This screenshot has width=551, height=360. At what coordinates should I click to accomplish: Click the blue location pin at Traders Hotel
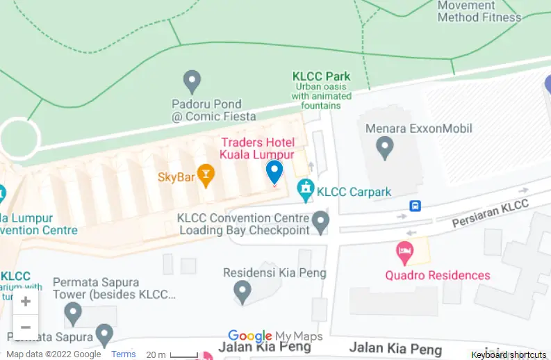click(x=274, y=171)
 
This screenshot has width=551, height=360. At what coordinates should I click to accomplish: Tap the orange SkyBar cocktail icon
click(x=206, y=174)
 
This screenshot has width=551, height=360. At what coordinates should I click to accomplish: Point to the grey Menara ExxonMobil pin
click(x=384, y=147)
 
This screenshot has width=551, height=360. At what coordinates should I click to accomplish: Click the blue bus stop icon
click(x=415, y=206)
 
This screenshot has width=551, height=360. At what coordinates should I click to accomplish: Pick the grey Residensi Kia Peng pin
click(x=242, y=291)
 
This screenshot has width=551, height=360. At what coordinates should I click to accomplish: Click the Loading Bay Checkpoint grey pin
click(x=320, y=222)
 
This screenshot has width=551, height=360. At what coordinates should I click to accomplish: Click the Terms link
click(x=124, y=354)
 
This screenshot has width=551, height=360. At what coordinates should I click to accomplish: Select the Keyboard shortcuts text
click(x=509, y=355)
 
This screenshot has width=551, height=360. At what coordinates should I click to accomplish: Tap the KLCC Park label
click(x=320, y=76)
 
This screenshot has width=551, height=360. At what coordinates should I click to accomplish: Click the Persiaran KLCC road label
click(x=490, y=213)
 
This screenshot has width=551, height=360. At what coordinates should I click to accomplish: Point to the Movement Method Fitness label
click(x=479, y=11)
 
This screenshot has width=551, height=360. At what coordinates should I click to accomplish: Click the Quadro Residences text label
click(x=438, y=275)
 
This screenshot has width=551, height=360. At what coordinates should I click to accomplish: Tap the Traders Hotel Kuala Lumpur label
click(x=257, y=148)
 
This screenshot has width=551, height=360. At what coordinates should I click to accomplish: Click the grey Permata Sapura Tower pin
click(x=73, y=313)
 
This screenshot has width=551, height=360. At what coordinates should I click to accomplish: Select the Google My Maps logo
click(x=275, y=337)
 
